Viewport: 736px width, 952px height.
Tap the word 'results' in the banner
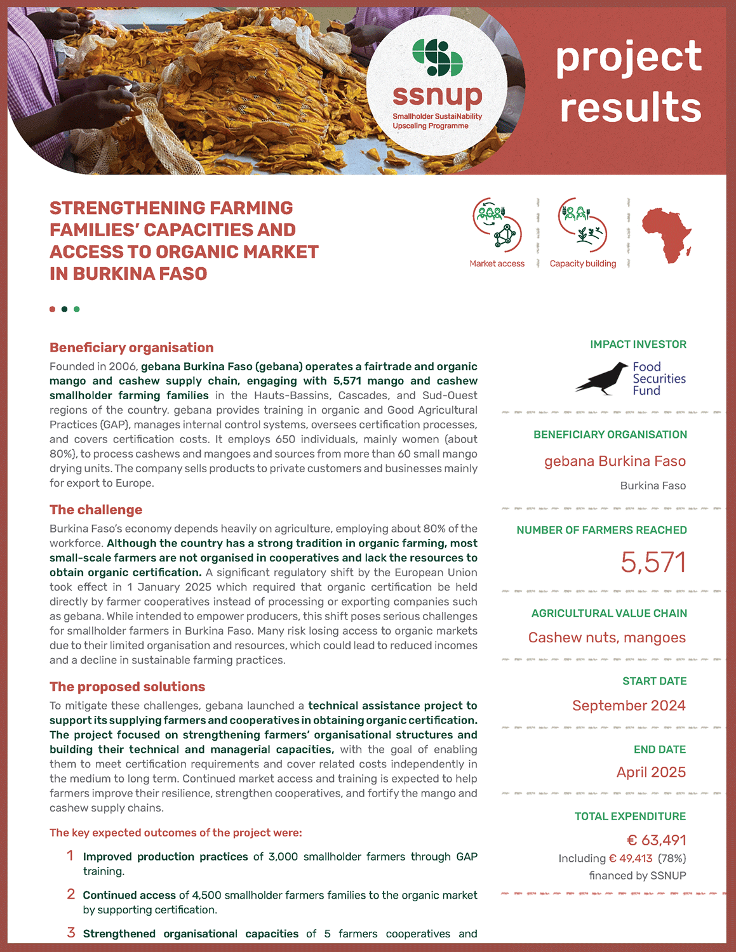pyautogui.click(x=630, y=107)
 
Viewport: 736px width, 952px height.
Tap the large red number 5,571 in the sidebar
pyautogui.click(x=653, y=562)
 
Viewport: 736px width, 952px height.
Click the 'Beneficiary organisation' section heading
pyautogui.click(x=131, y=347)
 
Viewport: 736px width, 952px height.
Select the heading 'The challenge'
pyautogui.click(x=96, y=510)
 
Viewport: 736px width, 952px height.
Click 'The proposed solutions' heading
pyautogui.click(x=127, y=687)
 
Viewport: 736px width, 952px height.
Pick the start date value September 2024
pyautogui.click(x=629, y=706)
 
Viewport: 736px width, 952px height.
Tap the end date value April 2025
pyautogui.click(x=651, y=772)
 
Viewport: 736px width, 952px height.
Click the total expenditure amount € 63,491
pyautogui.click(x=656, y=840)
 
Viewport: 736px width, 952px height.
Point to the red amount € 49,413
pyautogui.click(x=631, y=859)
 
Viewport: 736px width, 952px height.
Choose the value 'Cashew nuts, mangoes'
pyautogui.click(x=606, y=638)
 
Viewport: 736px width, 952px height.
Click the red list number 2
pyautogui.click(x=71, y=894)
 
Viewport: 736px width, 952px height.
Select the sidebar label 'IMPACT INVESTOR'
pyautogui.click(x=638, y=344)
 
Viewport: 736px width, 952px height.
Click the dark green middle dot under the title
pyautogui.click(x=64, y=309)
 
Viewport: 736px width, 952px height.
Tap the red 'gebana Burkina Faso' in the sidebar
pyautogui.click(x=615, y=461)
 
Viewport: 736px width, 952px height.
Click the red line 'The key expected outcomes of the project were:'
pyautogui.click(x=176, y=833)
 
